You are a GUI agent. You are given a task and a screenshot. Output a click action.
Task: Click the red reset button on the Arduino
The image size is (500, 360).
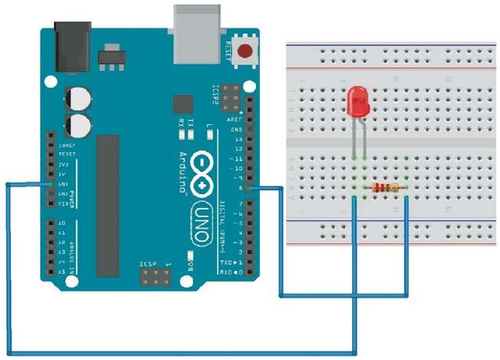click(x=246, y=52)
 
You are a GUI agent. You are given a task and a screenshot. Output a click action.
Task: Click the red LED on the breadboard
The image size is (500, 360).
click(x=357, y=102)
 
